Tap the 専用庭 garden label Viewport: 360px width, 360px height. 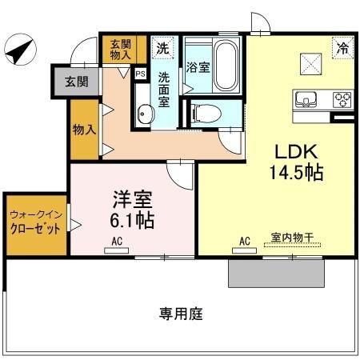[180, 314]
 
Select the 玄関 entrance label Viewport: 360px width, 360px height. [77, 81]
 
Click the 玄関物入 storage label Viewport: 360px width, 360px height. [122, 50]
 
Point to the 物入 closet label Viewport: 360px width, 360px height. [83, 130]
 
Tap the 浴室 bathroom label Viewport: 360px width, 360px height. [199, 67]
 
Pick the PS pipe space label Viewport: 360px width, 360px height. [141, 74]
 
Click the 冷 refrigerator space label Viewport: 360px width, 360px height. [342, 47]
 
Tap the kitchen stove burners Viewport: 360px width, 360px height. [341, 100]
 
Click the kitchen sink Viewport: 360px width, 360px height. [306, 100]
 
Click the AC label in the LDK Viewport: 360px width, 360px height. [245, 238]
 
